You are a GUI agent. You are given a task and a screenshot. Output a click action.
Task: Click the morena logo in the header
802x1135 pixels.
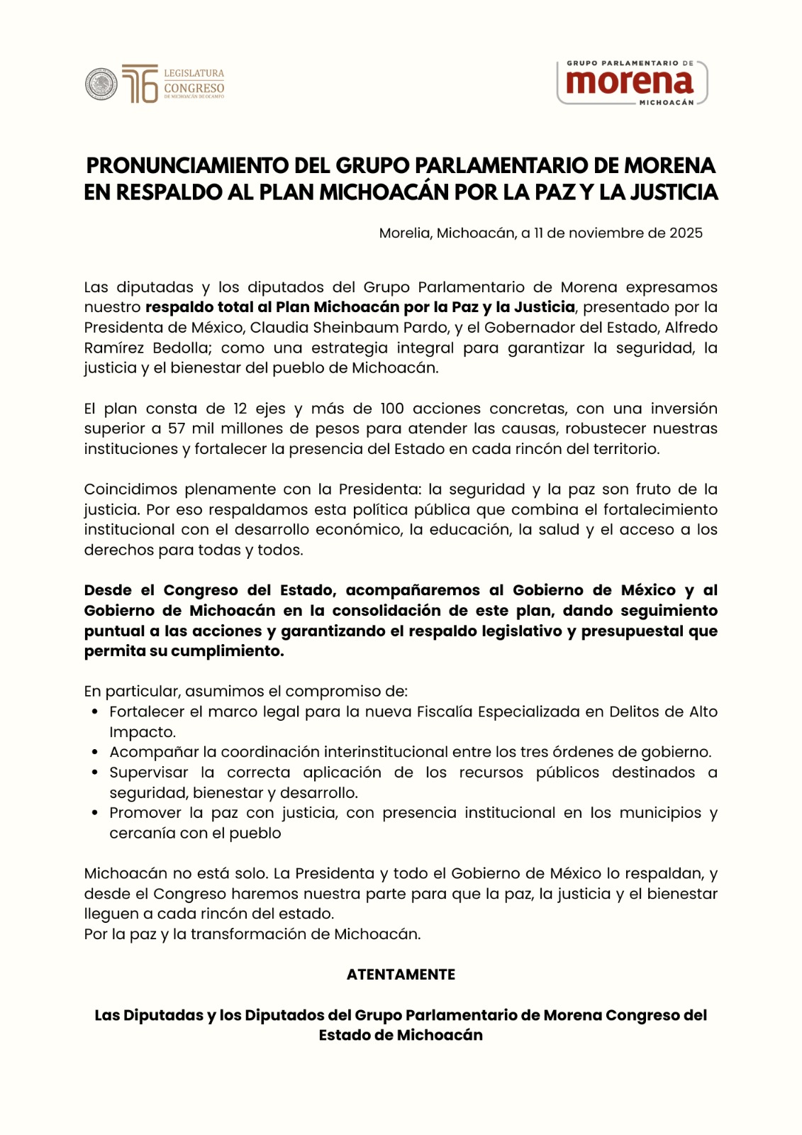(x=630, y=82)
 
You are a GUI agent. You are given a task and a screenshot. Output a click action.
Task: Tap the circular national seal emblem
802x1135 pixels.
(x=101, y=84)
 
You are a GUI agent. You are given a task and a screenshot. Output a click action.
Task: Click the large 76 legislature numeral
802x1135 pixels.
(x=140, y=84)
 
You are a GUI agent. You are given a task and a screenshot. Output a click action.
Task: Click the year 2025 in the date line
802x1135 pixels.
(x=686, y=233)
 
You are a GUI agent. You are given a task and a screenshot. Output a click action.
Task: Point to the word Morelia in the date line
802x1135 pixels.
(x=404, y=233)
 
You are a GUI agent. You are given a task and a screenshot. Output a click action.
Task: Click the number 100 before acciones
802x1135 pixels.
(x=392, y=409)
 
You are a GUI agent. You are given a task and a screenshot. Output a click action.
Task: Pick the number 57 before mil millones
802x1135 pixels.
(x=177, y=428)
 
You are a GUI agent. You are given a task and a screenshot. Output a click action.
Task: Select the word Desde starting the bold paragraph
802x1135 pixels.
(x=108, y=590)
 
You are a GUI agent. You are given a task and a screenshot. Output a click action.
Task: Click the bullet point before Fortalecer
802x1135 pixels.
(x=94, y=712)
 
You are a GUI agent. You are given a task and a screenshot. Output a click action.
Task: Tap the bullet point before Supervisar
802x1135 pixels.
(x=94, y=773)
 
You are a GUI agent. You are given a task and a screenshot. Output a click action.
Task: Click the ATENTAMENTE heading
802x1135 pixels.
(x=401, y=975)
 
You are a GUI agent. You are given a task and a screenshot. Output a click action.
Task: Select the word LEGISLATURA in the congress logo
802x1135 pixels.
(x=194, y=73)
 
